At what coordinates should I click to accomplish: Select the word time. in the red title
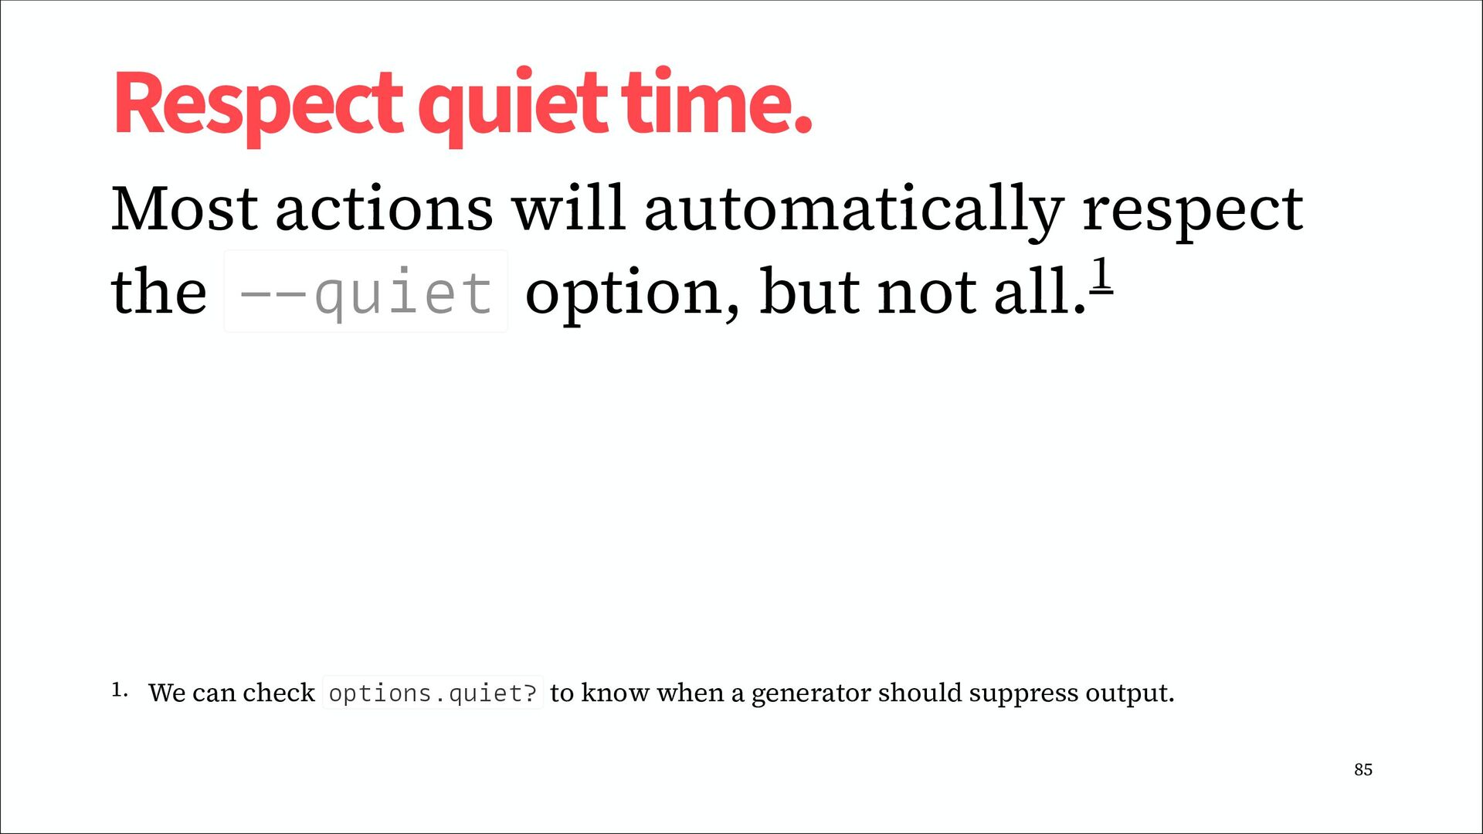[x=716, y=101]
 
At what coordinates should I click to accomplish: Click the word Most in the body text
[x=185, y=208]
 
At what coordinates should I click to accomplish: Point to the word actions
[x=384, y=209]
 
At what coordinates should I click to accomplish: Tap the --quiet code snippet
[x=365, y=292]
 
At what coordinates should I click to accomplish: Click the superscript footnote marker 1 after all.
[x=1101, y=274]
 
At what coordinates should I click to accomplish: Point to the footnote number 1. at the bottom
[x=119, y=690]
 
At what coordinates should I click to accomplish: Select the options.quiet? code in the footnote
[x=433, y=693]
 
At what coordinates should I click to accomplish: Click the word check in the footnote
[x=279, y=693]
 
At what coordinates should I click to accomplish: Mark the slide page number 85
[x=1363, y=769]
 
